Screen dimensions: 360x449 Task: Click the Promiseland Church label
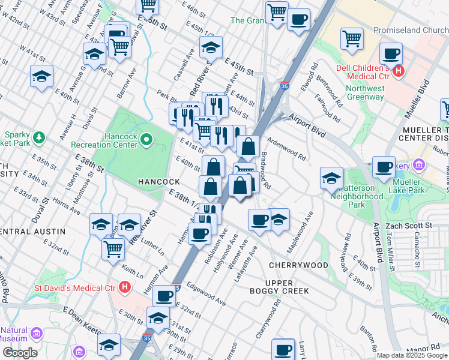411,31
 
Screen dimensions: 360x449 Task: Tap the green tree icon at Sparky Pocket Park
39,137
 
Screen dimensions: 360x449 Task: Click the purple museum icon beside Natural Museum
37,333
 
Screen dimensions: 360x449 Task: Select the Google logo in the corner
20,353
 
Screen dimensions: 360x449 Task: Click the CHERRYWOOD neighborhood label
298,265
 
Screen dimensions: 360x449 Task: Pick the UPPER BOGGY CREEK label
279,287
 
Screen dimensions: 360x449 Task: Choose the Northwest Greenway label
365,92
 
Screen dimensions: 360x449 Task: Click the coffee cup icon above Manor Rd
283,349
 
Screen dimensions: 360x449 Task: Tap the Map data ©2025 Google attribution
412,355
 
